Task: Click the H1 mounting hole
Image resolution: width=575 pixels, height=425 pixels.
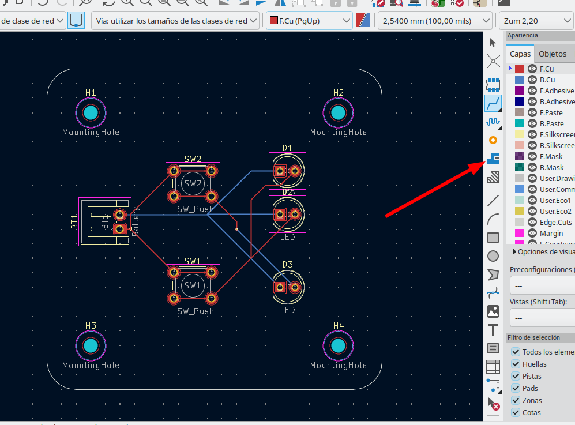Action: (x=91, y=113)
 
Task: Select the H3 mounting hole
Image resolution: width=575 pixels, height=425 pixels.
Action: (x=91, y=346)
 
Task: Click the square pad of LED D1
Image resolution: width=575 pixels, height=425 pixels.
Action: (x=280, y=171)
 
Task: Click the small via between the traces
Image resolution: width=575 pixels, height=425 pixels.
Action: (x=236, y=230)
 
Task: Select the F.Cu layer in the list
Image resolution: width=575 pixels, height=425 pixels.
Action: (x=547, y=69)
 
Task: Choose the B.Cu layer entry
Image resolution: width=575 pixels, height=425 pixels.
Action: (x=547, y=80)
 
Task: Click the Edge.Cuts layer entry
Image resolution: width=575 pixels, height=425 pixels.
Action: (x=555, y=222)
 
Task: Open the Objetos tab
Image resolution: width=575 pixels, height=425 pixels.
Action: (x=552, y=54)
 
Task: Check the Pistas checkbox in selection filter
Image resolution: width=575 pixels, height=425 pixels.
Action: (x=516, y=376)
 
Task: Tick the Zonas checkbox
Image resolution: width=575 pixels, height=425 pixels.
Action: (x=516, y=400)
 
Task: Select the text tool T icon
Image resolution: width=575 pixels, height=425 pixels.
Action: (x=493, y=330)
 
